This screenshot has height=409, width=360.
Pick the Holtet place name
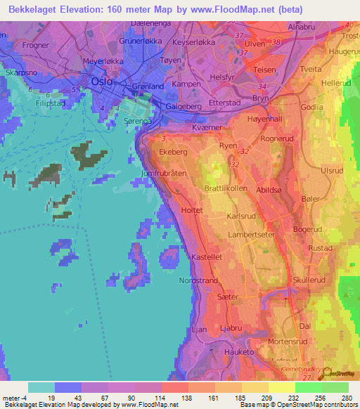click(x=192, y=209)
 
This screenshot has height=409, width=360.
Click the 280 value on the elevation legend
click(x=348, y=398)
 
